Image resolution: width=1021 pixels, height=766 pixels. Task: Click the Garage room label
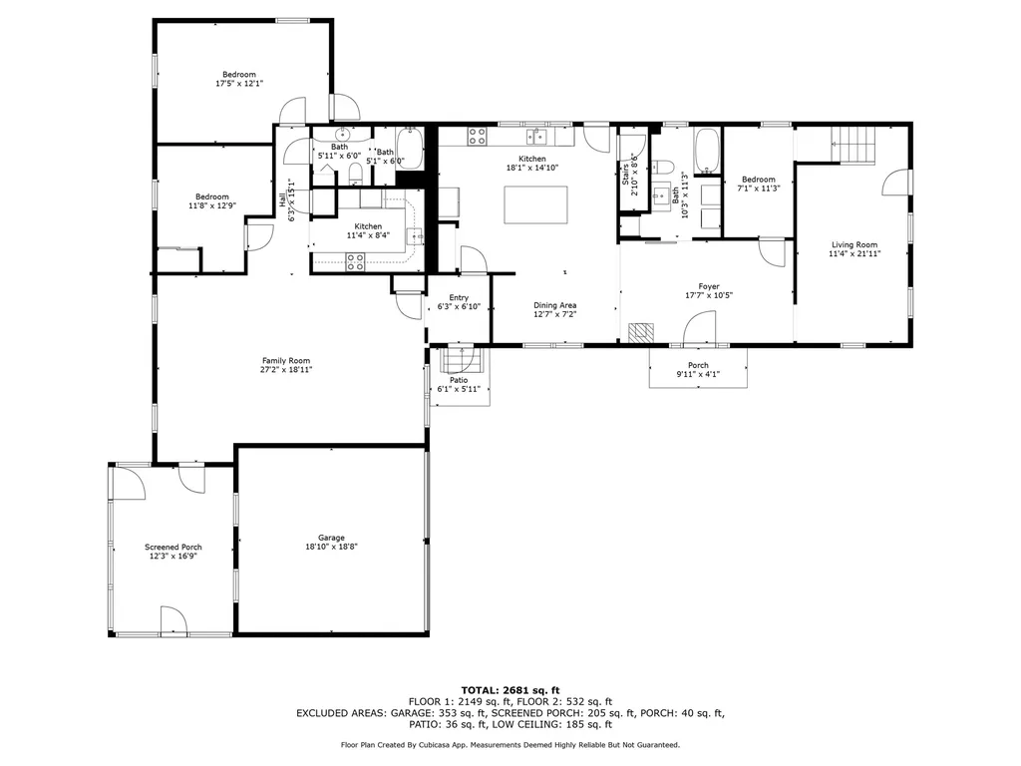331,538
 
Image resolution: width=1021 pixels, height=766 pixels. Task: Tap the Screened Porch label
173,548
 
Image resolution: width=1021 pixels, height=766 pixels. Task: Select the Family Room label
286,361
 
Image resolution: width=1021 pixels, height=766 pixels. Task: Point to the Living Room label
854,245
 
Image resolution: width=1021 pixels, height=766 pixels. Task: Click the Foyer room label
709,286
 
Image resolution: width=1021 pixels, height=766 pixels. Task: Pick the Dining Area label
554,305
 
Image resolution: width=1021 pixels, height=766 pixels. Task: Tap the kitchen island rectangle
535,204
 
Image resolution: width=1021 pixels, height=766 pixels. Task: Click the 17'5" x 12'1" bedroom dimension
239,84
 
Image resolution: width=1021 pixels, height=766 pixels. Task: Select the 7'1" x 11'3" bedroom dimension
759,189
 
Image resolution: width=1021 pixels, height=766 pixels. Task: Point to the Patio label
459,380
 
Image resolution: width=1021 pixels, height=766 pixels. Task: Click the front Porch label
698,365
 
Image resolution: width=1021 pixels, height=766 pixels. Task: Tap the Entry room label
459,297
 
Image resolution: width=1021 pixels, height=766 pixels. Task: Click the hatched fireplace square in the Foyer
641,332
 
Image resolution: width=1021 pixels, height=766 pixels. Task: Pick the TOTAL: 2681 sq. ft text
510,690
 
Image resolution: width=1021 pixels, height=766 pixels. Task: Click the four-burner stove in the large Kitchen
477,136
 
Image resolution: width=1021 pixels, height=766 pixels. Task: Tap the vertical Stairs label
625,176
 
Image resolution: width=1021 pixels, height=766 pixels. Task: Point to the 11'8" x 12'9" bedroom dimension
212,205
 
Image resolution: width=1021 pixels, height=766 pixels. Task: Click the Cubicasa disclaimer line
510,744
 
